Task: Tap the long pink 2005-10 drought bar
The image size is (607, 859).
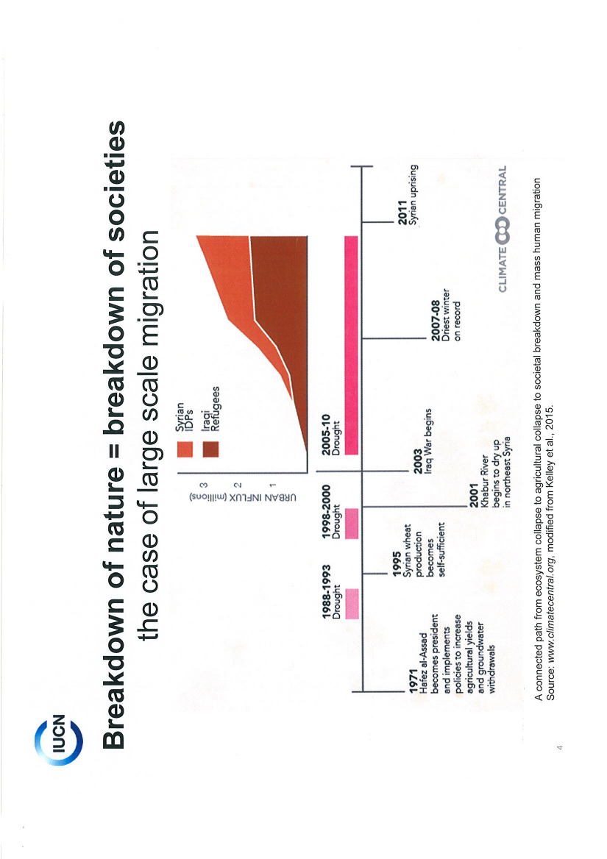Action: (x=350, y=345)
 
